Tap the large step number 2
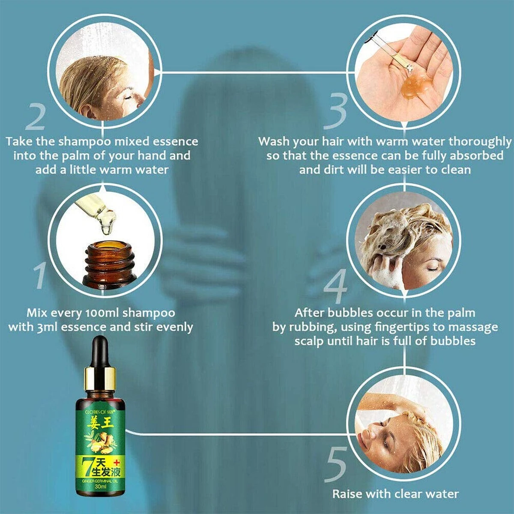point(35,116)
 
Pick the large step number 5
point(337,463)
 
